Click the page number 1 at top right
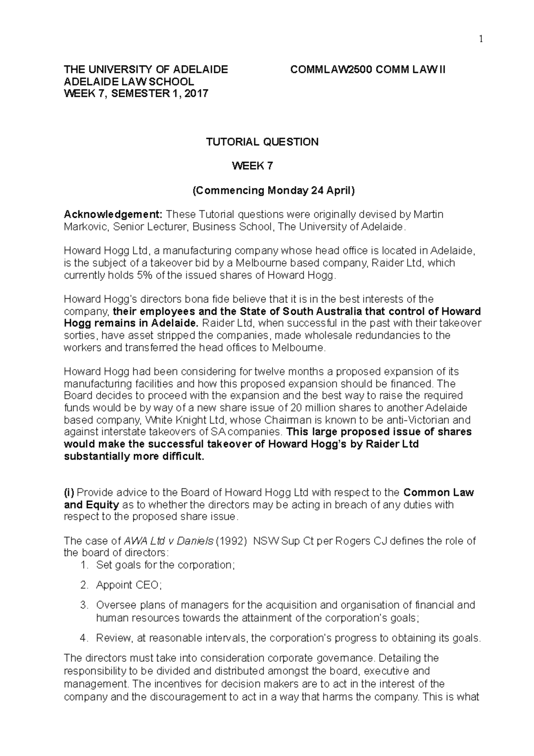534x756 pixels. click(481, 40)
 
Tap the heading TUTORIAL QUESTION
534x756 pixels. click(262, 142)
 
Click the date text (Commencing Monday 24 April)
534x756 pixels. click(273, 191)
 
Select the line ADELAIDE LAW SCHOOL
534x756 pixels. click(129, 82)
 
